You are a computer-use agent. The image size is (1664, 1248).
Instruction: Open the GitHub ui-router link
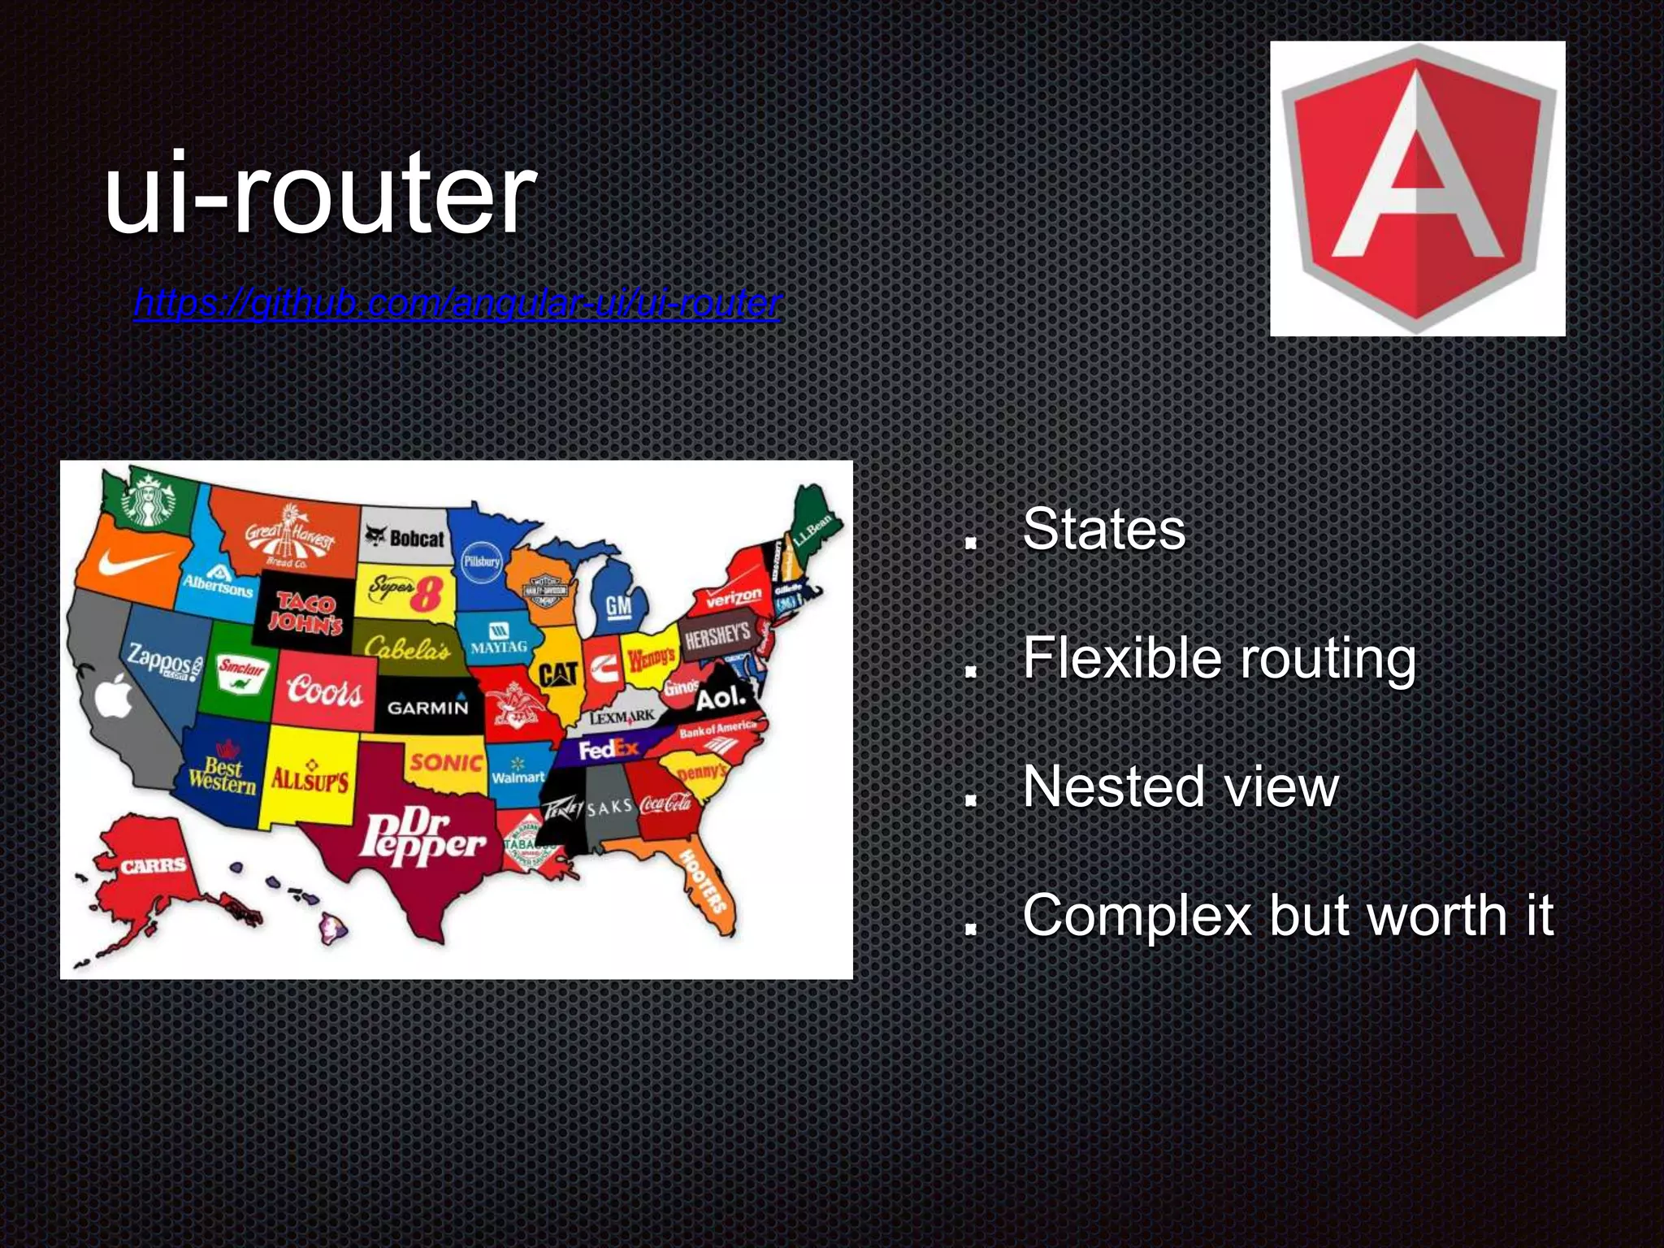tap(457, 304)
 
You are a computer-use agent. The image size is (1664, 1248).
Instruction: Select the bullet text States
tap(1103, 530)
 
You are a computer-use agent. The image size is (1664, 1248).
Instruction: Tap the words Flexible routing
tap(1219, 658)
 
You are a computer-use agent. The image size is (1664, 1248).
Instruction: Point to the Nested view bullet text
tap(1180, 786)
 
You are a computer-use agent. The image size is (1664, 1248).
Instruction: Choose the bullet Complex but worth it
tap(1287, 916)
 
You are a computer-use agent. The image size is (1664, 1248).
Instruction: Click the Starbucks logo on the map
tap(149, 499)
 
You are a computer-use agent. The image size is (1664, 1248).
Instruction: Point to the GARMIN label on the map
tap(428, 707)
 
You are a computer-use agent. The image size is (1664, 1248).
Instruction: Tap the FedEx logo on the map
tap(609, 750)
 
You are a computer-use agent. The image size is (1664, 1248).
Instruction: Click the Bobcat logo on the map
tap(405, 538)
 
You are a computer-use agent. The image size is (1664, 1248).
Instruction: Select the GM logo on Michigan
tap(618, 606)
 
